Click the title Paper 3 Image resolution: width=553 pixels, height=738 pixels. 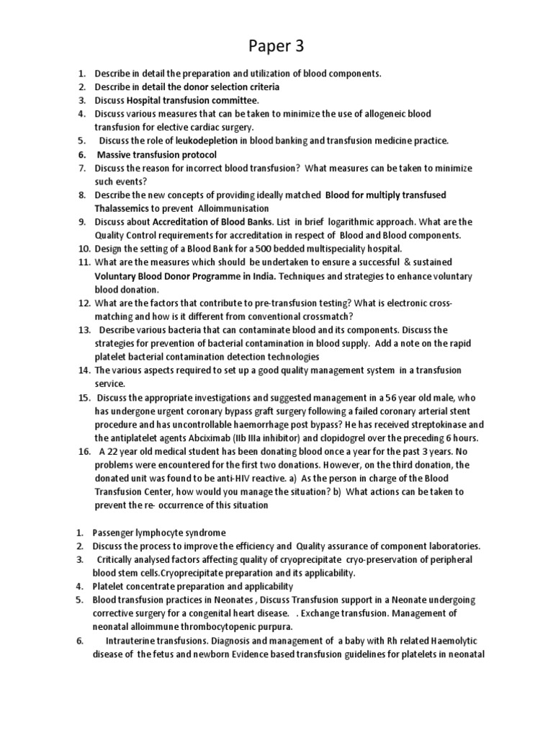[x=276, y=47]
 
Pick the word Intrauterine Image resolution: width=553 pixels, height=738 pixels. [x=134, y=641]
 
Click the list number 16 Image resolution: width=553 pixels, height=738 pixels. [x=84, y=452]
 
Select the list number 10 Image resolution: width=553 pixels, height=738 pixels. [x=84, y=249]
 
